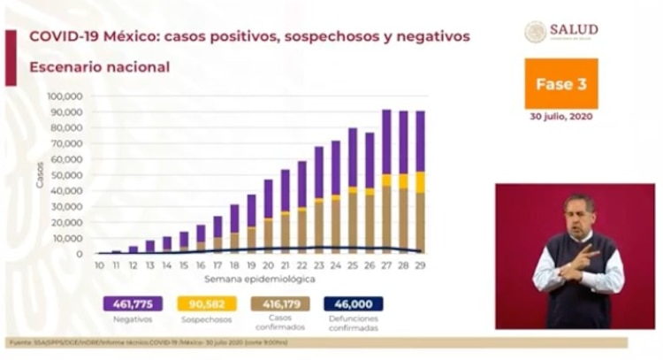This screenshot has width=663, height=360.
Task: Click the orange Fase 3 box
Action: [x=560, y=84]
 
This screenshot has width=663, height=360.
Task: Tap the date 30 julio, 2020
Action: [x=560, y=117]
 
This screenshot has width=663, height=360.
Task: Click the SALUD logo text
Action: [x=573, y=30]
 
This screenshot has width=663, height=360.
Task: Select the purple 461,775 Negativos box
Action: [x=133, y=303]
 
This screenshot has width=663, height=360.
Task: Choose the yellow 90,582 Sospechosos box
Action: [x=205, y=303]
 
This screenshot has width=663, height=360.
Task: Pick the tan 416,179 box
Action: [x=280, y=303]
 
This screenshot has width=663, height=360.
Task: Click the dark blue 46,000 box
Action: [x=353, y=303]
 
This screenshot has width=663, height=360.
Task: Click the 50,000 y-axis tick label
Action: [x=67, y=175]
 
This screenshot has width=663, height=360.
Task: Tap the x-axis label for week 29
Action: [x=421, y=264]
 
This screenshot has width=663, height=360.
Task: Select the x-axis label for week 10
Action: [x=99, y=264]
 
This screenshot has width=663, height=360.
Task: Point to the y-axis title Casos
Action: [x=40, y=174]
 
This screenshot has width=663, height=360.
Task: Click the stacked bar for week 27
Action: [x=386, y=181]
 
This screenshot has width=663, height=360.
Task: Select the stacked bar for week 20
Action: [x=268, y=217]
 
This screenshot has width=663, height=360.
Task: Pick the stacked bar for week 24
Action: [x=336, y=197]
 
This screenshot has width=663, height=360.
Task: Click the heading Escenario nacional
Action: [x=99, y=66]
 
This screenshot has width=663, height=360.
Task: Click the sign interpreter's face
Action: [x=579, y=215]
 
